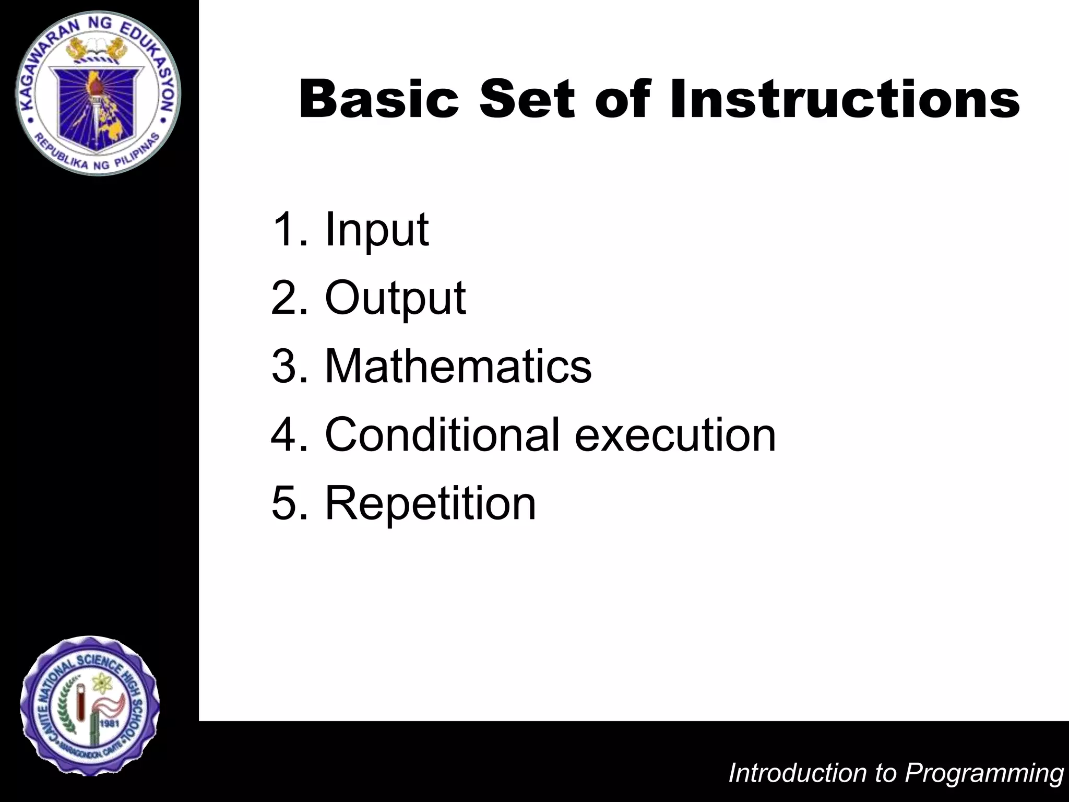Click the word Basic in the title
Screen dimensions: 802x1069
379,99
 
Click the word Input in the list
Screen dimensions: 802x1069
376,230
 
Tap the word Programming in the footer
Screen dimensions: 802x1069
984,773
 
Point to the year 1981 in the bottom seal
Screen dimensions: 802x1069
110,724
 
